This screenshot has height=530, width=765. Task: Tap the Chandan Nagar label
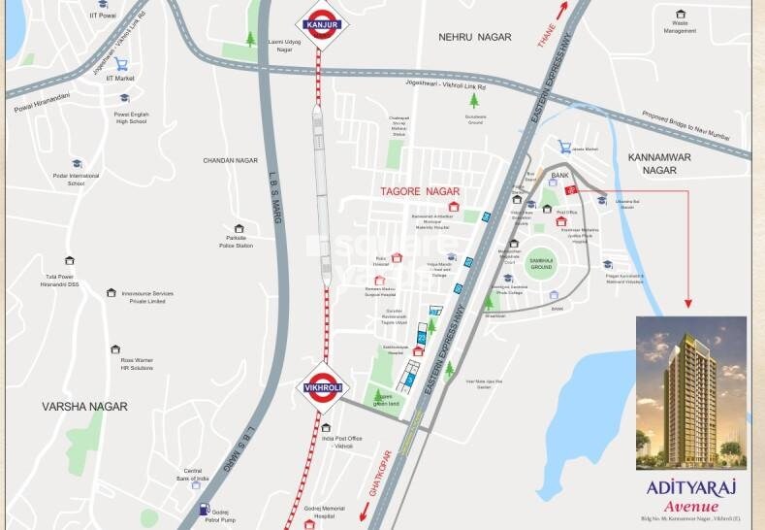pyautogui.click(x=229, y=160)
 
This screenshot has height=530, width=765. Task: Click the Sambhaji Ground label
pyautogui.click(x=540, y=262)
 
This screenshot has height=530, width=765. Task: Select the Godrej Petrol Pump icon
pyautogui.click(x=206, y=508)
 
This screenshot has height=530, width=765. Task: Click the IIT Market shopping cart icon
pyautogui.click(x=122, y=64)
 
